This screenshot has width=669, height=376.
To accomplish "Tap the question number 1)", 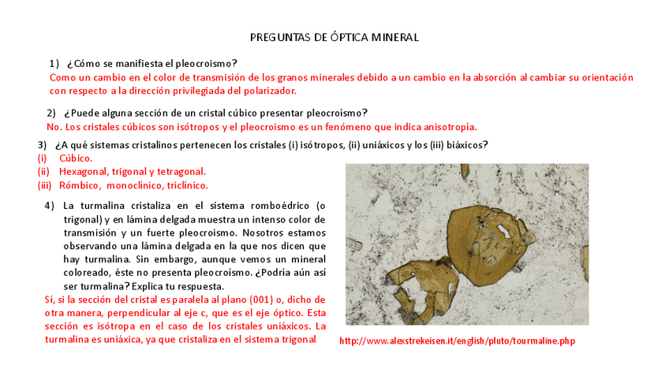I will point(54,63).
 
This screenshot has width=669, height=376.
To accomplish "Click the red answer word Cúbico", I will point(76,158).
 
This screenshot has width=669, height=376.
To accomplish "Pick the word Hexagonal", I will point(87,171).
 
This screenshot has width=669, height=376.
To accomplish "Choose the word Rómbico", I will point(80,185).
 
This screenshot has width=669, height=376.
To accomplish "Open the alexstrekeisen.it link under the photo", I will point(458,341).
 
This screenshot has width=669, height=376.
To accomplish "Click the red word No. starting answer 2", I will point(54,126).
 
